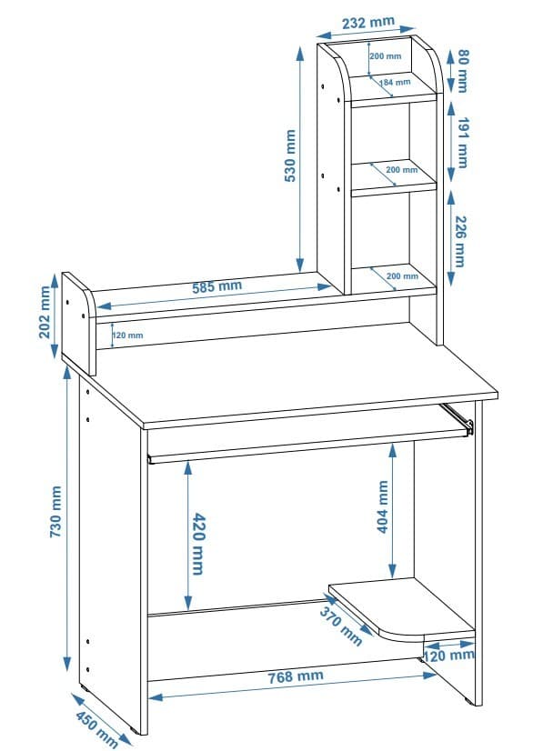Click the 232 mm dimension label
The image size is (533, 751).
(368, 22)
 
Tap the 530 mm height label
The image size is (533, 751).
(290, 155)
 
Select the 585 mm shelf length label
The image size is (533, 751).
(217, 287)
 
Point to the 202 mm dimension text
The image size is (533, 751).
(45, 312)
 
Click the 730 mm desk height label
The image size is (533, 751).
(56, 512)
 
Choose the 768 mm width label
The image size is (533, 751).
(296, 676)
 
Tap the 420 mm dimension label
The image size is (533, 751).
(197, 544)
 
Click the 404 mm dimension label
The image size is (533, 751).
(383, 506)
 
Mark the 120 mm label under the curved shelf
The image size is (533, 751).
(449, 656)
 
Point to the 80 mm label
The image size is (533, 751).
(463, 70)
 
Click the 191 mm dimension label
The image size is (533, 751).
(463, 143)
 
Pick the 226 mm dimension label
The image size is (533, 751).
(459, 242)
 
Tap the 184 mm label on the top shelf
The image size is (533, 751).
(395, 83)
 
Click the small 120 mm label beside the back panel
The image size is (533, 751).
(128, 335)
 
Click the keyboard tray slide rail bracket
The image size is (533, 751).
(458, 417)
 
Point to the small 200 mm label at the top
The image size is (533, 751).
(386, 56)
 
